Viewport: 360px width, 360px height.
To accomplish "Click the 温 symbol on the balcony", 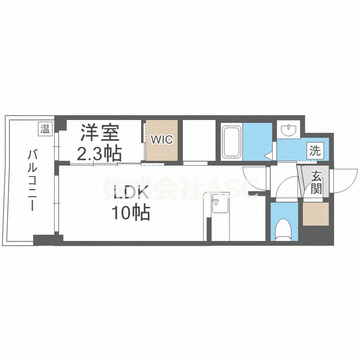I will pyautogui.click(x=45, y=129).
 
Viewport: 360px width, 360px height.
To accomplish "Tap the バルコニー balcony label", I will pyautogui.click(x=32, y=180).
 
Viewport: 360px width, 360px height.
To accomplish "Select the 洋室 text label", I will pyautogui.click(x=100, y=132).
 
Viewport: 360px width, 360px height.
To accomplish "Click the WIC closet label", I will pyautogui.click(x=162, y=140).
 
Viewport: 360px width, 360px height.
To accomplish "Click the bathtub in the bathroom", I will pyautogui.click(x=231, y=142).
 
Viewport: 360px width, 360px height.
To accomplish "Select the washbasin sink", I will pyautogui.click(x=288, y=130).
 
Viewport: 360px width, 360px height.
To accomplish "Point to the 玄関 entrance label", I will pyautogui.click(x=316, y=182).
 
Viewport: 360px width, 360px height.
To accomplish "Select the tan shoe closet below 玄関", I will pyautogui.click(x=315, y=214).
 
